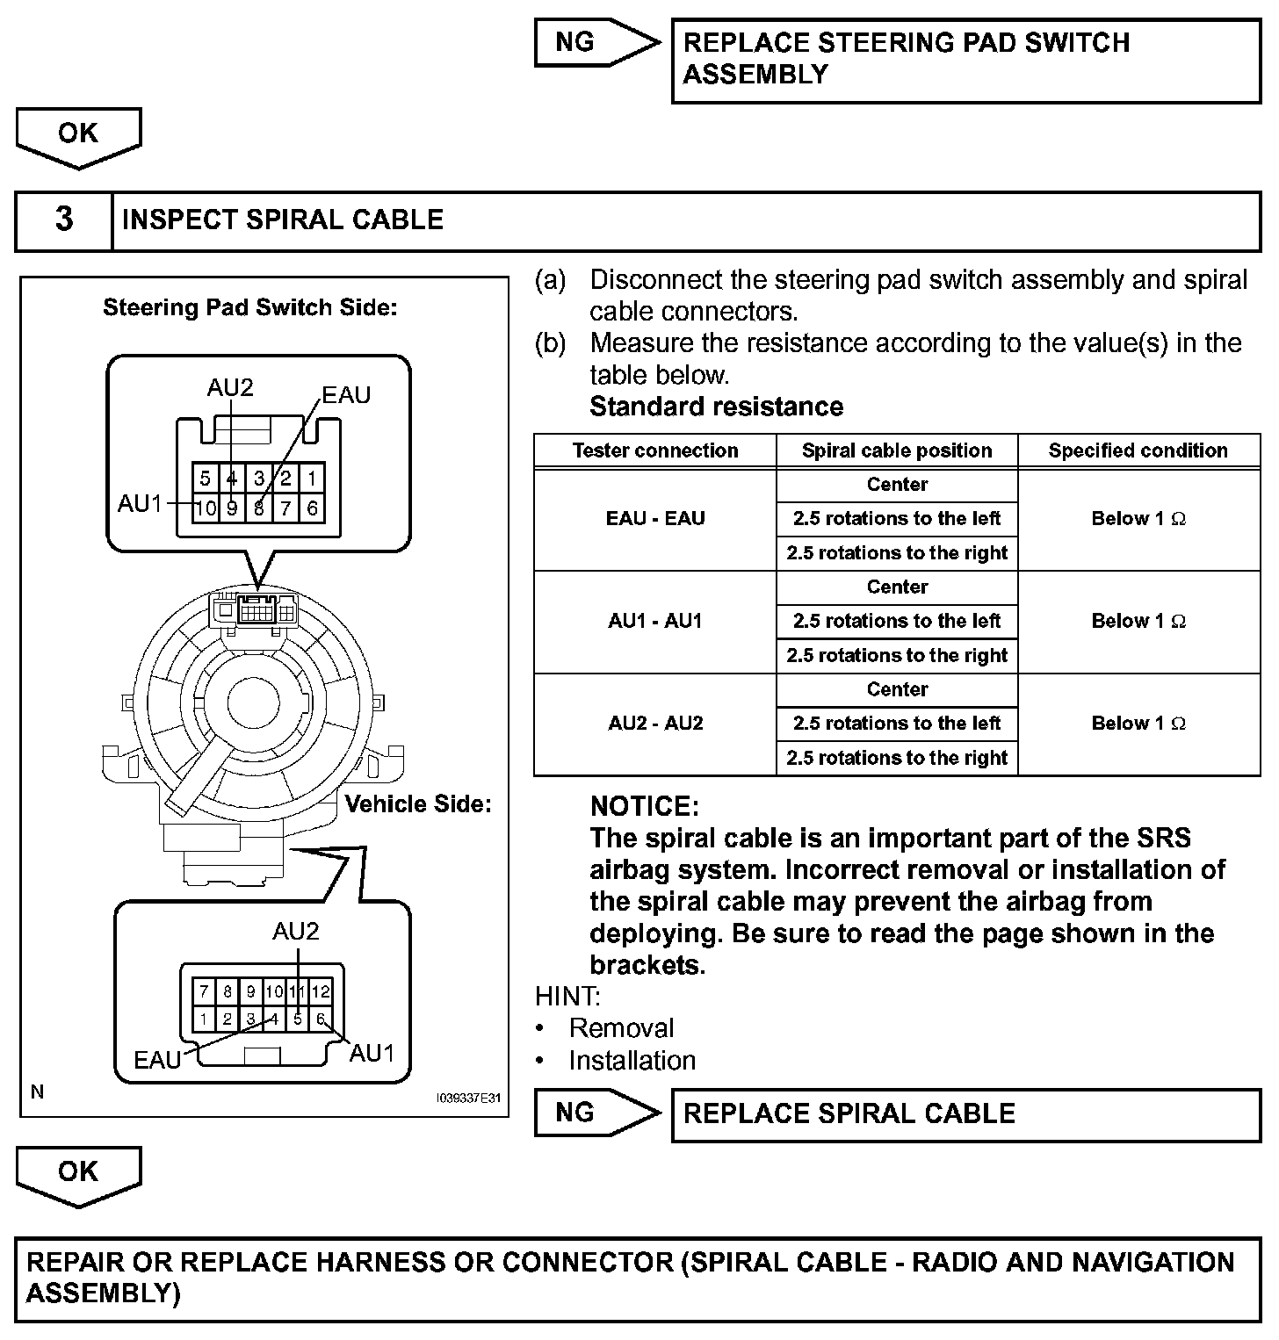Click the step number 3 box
(64, 220)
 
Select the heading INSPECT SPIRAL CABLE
(283, 220)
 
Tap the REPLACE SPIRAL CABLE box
(965, 1114)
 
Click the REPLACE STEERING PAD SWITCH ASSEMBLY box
(965, 59)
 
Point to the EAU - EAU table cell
(655, 519)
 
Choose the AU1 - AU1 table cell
(655, 622)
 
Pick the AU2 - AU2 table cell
(655, 724)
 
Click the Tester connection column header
(655, 451)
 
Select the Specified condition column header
(1138, 451)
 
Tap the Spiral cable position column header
(897, 451)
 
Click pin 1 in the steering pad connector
(312, 479)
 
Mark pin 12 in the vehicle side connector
(321, 992)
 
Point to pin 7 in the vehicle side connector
(204, 992)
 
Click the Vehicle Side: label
(417, 804)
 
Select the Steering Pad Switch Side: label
(250, 307)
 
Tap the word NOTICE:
(645, 806)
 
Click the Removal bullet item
(621, 1028)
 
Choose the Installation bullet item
(632, 1061)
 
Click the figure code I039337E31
(468, 1099)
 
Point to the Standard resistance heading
(716, 407)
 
